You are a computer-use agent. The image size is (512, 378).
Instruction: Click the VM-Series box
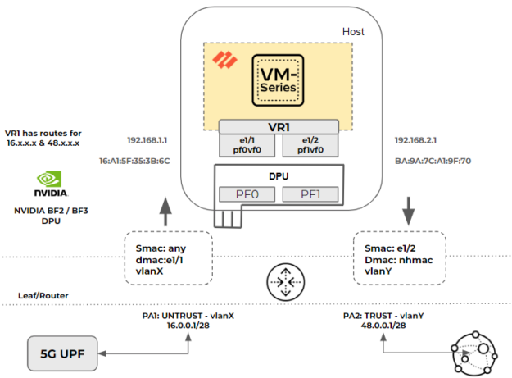(x=279, y=80)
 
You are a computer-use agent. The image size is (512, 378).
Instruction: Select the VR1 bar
(x=278, y=127)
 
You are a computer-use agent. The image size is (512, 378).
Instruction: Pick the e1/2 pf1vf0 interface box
(x=309, y=146)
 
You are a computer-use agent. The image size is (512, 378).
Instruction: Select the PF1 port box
(x=308, y=194)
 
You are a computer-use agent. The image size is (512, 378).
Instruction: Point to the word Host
(x=354, y=33)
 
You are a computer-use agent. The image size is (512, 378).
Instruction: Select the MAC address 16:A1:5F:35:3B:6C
(x=134, y=162)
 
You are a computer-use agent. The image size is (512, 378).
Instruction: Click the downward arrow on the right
(x=406, y=213)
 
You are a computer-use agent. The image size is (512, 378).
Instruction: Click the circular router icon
(x=281, y=284)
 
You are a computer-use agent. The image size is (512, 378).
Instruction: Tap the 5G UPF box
(x=62, y=354)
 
